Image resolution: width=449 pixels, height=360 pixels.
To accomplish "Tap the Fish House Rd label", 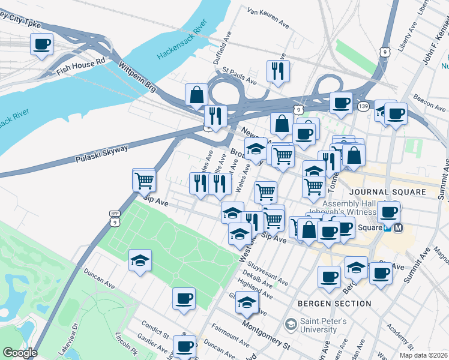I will (x=80, y=65).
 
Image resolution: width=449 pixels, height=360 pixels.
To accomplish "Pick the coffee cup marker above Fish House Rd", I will (x=41, y=44).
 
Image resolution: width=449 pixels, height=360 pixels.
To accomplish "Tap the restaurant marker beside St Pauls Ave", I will (x=277, y=71).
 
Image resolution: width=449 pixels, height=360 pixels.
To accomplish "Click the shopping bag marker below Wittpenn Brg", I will (x=196, y=95).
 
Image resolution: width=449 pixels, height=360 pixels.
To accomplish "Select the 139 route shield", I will (x=363, y=106).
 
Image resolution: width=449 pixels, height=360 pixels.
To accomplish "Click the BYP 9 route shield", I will (x=115, y=219).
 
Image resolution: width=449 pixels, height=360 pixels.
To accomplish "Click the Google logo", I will (x=20, y=353).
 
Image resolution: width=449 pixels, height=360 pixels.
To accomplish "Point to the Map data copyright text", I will (x=424, y=354).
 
